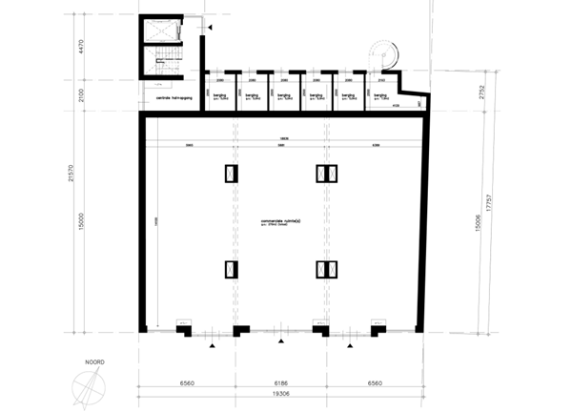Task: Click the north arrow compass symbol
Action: pyautogui.click(x=89, y=387)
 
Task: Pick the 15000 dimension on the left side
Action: pyautogui.click(x=82, y=221)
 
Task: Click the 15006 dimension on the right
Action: pyautogui.click(x=468, y=221)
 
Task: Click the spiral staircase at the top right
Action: pyautogui.click(x=381, y=51)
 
